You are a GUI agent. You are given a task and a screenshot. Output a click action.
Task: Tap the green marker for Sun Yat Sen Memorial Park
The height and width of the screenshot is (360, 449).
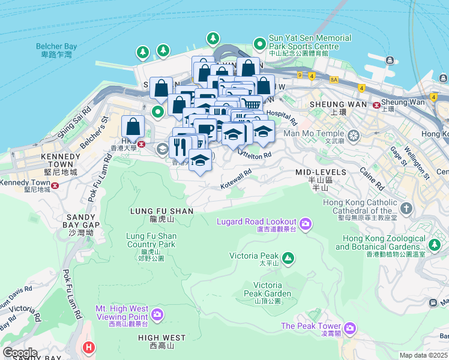[259, 43]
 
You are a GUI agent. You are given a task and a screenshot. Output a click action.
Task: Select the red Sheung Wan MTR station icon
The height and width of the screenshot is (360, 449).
[376, 104]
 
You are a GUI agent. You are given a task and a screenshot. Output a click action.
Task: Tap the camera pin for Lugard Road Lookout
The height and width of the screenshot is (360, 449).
[306, 224]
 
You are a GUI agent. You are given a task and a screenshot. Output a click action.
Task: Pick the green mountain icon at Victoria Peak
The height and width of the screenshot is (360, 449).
[289, 258]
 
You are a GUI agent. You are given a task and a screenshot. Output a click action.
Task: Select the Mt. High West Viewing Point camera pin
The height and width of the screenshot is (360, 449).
[157, 313]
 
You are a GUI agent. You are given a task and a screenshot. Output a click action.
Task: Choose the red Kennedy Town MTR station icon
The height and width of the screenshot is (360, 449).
[55, 185]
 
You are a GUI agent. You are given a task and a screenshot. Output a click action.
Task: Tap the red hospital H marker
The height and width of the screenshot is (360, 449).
[89, 347]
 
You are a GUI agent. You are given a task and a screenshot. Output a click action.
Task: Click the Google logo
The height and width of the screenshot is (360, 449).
[20, 352]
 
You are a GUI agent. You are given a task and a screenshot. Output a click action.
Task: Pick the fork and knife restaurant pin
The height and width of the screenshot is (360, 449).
[180, 145]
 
